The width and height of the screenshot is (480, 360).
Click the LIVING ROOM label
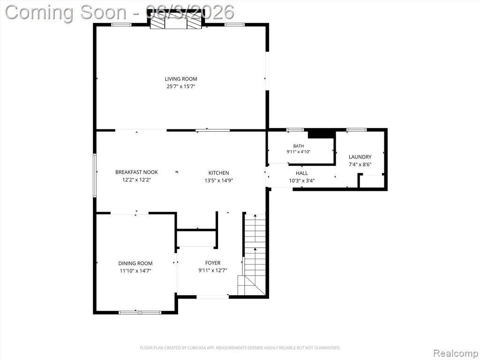tap(181, 79)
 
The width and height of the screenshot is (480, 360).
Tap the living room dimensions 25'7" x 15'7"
tap(181, 86)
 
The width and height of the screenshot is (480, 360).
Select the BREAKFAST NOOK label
tap(136, 172)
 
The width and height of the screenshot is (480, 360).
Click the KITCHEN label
tap(218, 173)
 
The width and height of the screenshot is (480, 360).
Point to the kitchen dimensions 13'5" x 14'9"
tap(219, 180)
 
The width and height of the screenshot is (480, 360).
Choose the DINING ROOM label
tap(135, 263)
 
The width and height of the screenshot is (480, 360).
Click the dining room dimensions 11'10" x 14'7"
tap(135, 270)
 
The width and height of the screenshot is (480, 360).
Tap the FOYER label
tap(213, 263)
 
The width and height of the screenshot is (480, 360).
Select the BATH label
tap(299, 146)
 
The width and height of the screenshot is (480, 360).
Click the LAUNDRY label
tap(360, 157)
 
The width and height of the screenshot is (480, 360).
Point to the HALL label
tap(302, 173)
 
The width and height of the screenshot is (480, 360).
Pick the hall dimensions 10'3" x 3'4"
tap(302, 180)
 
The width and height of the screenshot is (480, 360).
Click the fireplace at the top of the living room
tap(176, 19)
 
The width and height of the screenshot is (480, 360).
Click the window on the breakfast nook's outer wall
tap(95, 175)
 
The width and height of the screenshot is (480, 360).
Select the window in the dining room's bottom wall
tap(140, 312)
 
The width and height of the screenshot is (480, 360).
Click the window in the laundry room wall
tap(356, 130)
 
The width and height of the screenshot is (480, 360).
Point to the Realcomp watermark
tap(456, 353)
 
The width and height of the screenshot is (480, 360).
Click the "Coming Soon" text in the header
tap(66, 13)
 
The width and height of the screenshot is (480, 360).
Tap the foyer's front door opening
tap(212, 297)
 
